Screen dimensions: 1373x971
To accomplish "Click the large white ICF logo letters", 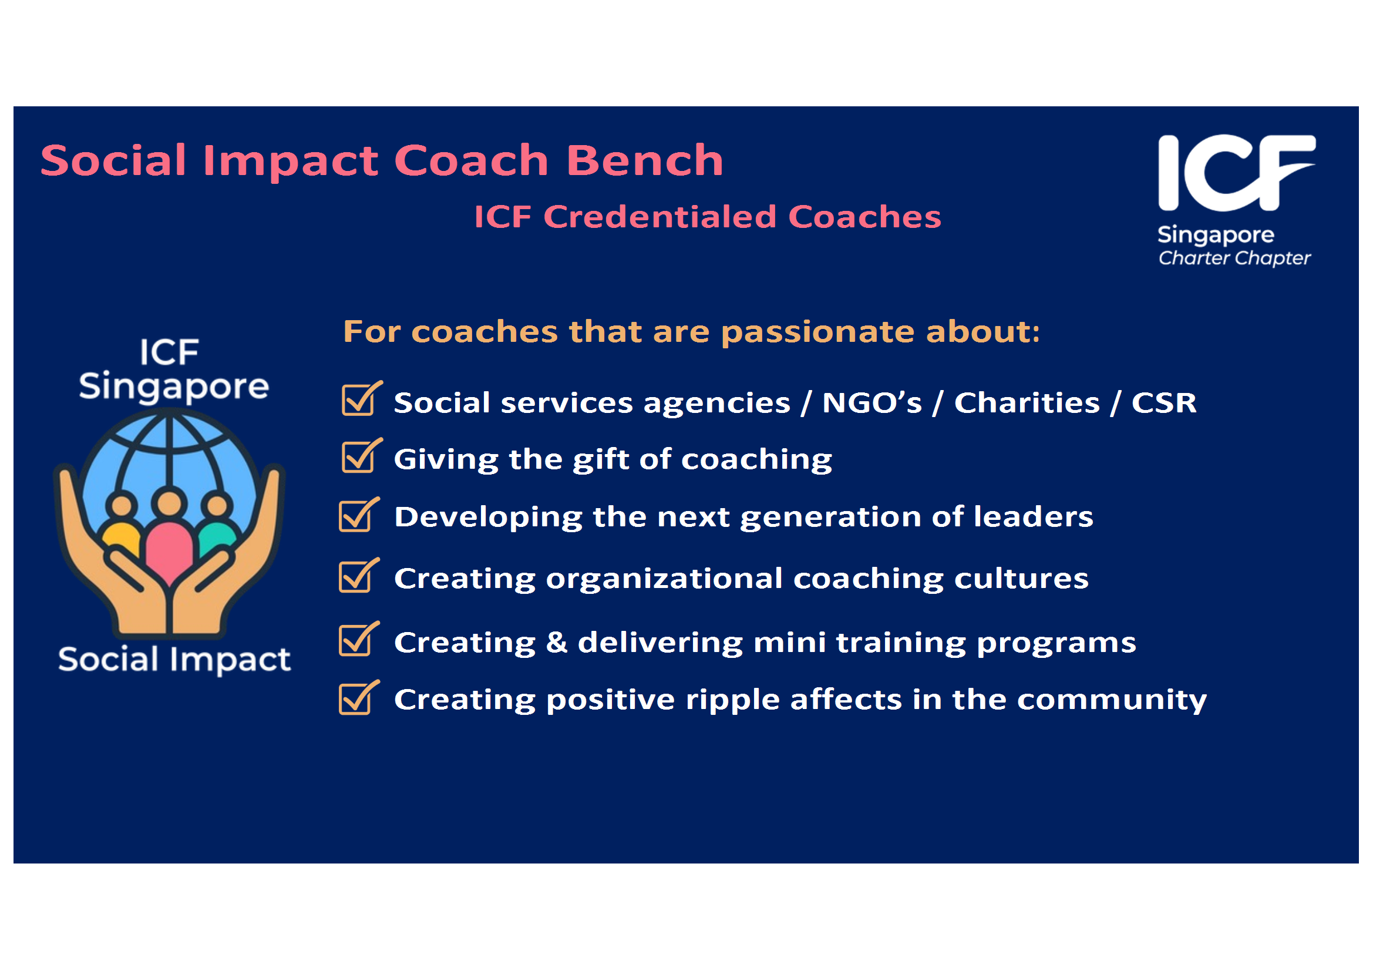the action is point(1236,173).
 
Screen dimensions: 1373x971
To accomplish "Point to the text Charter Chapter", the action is point(1234,258).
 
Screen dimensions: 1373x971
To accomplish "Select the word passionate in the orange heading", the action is point(817,332).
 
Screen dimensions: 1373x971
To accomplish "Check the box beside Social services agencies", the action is point(361,398).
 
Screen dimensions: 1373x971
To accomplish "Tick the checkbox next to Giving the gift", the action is point(361,456).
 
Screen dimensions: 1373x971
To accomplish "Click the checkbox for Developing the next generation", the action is point(358,515).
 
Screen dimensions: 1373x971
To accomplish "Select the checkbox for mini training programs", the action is point(358,639).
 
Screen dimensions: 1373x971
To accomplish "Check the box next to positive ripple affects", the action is point(358,697).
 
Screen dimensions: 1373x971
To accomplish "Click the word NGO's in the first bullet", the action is point(872,402).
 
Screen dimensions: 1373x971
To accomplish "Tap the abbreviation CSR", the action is point(1164,402).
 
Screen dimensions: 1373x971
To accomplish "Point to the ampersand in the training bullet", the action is point(556,642).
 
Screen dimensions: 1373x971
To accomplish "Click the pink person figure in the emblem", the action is point(169,537).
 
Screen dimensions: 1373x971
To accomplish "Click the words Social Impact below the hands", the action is point(174,659).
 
